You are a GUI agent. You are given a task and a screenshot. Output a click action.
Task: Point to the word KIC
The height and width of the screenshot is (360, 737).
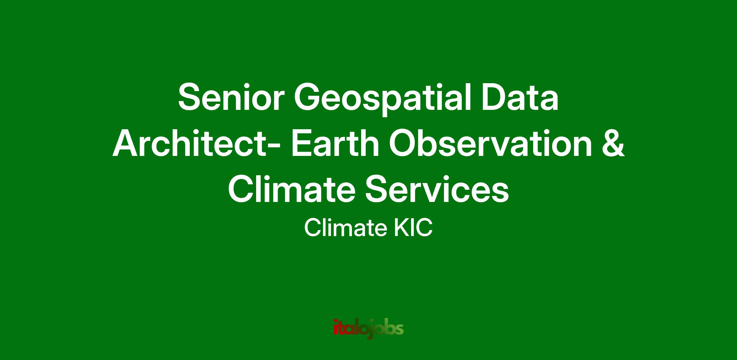point(413,229)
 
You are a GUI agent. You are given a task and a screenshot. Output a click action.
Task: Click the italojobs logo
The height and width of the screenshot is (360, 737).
point(368,329)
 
